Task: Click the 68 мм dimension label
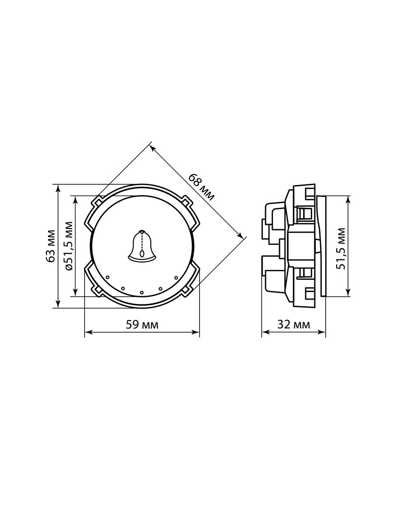coord(201,187)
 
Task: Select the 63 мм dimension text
coord(51,246)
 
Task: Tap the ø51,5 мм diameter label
coord(69,246)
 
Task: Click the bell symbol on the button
coord(142,245)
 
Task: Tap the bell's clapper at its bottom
coord(143,254)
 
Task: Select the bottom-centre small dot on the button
coord(142,292)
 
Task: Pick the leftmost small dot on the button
coord(107,277)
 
